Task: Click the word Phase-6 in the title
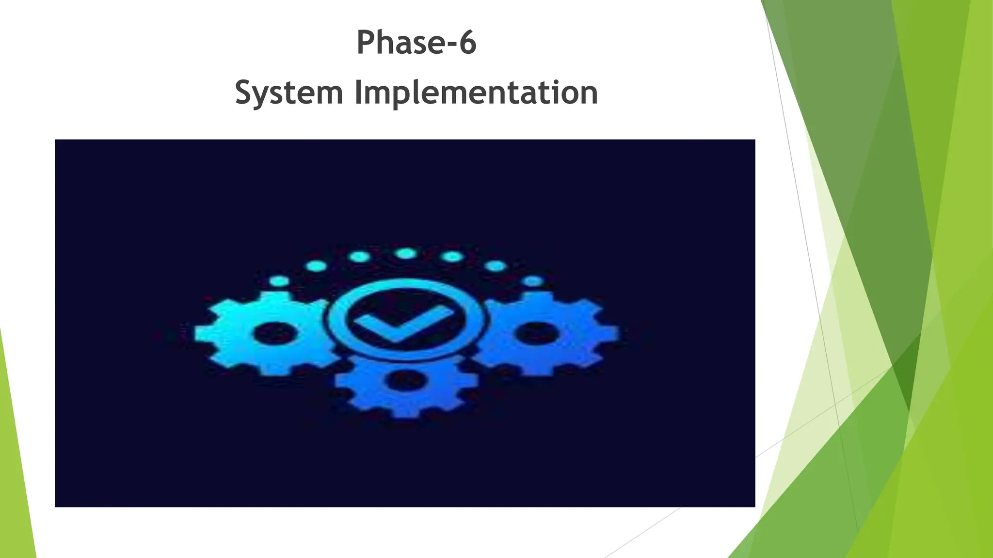416,43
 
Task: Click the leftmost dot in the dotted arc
279,281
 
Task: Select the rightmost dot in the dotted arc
533,281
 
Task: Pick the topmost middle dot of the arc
405,254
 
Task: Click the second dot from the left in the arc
316,266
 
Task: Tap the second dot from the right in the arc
495,266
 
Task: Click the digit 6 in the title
467,43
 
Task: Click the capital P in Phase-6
367,43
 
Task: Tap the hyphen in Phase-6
449,45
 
